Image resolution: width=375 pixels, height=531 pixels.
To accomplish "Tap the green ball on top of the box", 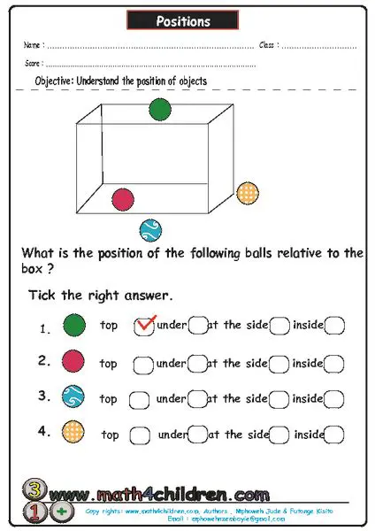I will coord(159,109).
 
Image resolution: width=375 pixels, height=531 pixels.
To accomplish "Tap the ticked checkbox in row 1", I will coord(142,327).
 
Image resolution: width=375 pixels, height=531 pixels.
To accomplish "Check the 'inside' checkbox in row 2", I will coord(334,363).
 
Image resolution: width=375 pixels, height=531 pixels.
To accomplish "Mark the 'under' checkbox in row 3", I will coord(197,399).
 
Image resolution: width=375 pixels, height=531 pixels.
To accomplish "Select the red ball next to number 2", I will coord(74,361).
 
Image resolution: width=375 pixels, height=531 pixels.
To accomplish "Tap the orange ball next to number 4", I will coord(74,434).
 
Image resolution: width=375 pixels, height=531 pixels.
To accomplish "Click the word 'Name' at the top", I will coord(33,44).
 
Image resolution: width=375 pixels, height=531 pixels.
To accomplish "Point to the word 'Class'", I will coord(269,44).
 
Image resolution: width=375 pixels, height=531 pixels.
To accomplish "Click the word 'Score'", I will coord(34,65).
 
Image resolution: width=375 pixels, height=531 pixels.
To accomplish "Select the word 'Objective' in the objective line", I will coord(54,81).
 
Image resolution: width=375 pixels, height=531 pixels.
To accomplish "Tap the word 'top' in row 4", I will coord(111,435).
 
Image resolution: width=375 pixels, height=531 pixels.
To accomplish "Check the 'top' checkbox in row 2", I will coord(142,363).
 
